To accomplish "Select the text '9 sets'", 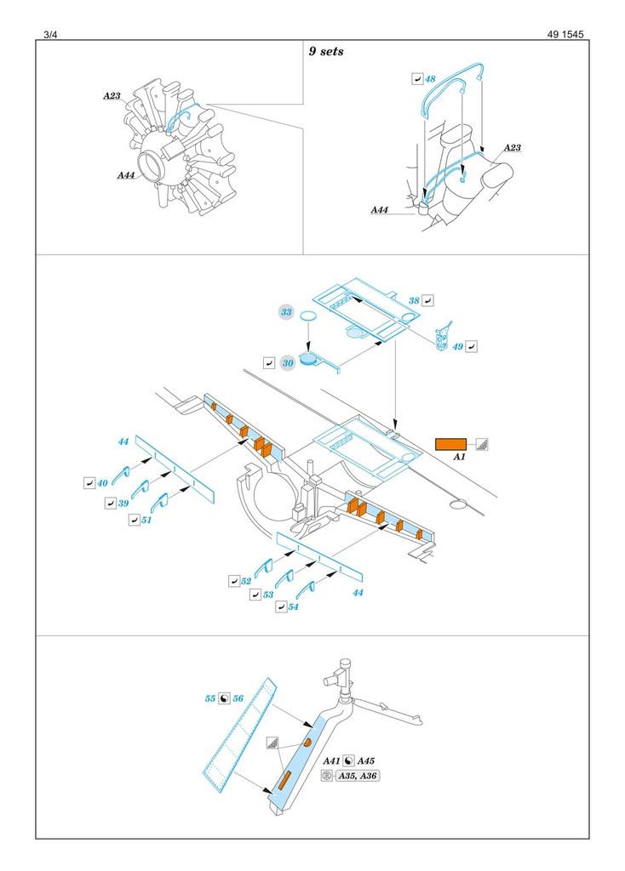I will pos(326,52).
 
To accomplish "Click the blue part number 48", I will pos(430,79).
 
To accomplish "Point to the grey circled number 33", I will pos(287,313).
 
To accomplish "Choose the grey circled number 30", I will pos(288,362).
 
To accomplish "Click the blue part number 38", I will pos(414,300).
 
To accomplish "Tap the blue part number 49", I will pos(457,346).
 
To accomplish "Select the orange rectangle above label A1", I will pos(450,443).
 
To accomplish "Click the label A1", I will pos(459,457).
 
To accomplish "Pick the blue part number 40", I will pos(102,483).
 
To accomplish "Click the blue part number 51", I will pos(147,520).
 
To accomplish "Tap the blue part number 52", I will pos(245,581).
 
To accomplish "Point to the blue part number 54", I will pos(293,607).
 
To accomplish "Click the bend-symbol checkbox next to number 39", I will pos(110,504).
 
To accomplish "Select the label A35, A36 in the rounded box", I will pos(358,776).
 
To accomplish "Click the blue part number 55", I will pos(209,698).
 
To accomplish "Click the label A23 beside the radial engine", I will pos(112,96).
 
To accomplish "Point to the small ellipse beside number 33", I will pos(311,316).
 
